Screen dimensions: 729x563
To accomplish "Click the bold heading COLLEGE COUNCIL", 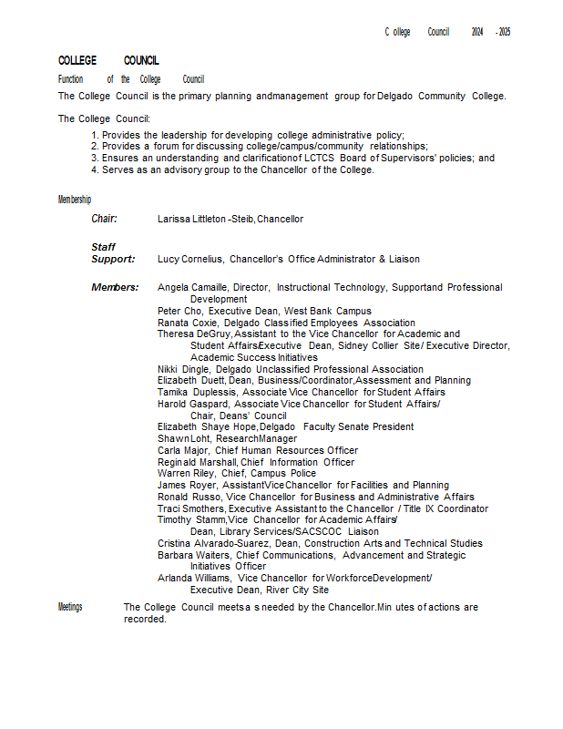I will tap(108, 60).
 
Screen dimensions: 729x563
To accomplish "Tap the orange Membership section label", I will tap(75, 200).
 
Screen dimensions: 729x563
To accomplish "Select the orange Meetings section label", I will tap(70, 607).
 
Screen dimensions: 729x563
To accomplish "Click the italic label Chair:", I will tap(105, 219).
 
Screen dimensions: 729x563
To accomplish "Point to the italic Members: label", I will tap(115, 287).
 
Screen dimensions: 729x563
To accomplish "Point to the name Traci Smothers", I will tap(190, 508).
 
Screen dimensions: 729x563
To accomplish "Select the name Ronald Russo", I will tap(189, 497).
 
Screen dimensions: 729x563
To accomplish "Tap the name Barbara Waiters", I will tap(194, 555).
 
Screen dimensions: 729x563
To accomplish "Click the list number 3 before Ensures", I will tap(94, 158).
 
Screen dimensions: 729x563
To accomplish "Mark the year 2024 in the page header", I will tap(477, 32).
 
